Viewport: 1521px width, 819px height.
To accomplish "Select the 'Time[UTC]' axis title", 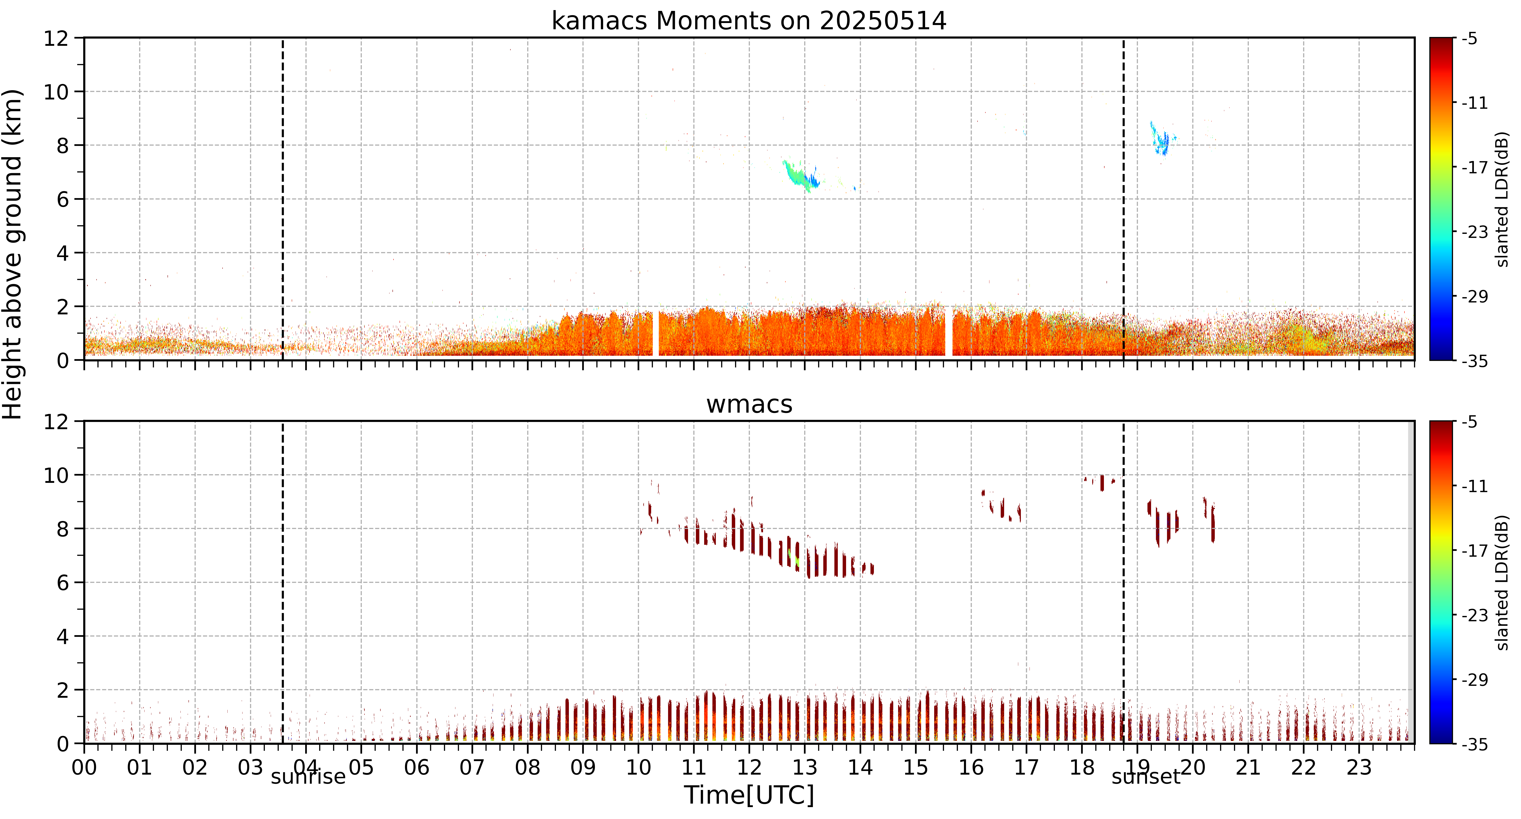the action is tap(749, 795).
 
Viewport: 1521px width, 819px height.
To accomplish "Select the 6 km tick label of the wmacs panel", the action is tap(62, 583).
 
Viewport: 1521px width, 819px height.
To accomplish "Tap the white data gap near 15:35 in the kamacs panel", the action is tap(949, 331).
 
